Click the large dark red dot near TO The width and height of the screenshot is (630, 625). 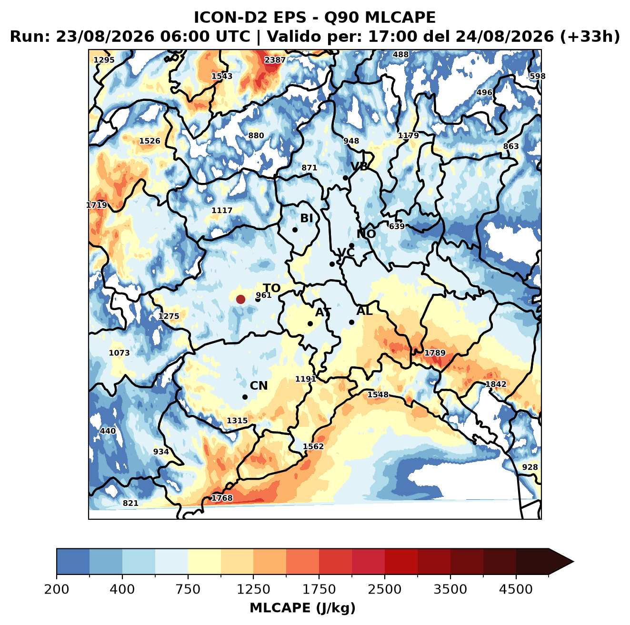click(x=240, y=299)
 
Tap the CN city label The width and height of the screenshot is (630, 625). click(x=259, y=385)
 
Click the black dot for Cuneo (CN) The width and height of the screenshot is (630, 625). click(x=245, y=397)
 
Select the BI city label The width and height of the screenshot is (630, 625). click(x=306, y=218)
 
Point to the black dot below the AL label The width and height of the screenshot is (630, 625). click(x=351, y=322)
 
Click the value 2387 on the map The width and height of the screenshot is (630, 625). click(x=275, y=60)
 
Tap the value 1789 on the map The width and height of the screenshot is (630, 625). click(x=435, y=353)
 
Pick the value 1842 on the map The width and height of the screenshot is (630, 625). click(x=496, y=384)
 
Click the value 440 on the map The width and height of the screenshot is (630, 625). click(x=108, y=431)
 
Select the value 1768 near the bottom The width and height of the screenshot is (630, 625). click(x=222, y=498)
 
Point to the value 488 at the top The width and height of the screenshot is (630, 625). click(x=401, y=55)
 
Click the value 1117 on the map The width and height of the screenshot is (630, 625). click(x=222, y=210)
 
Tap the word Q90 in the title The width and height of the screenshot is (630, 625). click(x=341, y=17)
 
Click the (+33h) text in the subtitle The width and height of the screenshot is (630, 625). click(x=590, y=36)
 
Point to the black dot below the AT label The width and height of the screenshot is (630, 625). click(x=310, y=323)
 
